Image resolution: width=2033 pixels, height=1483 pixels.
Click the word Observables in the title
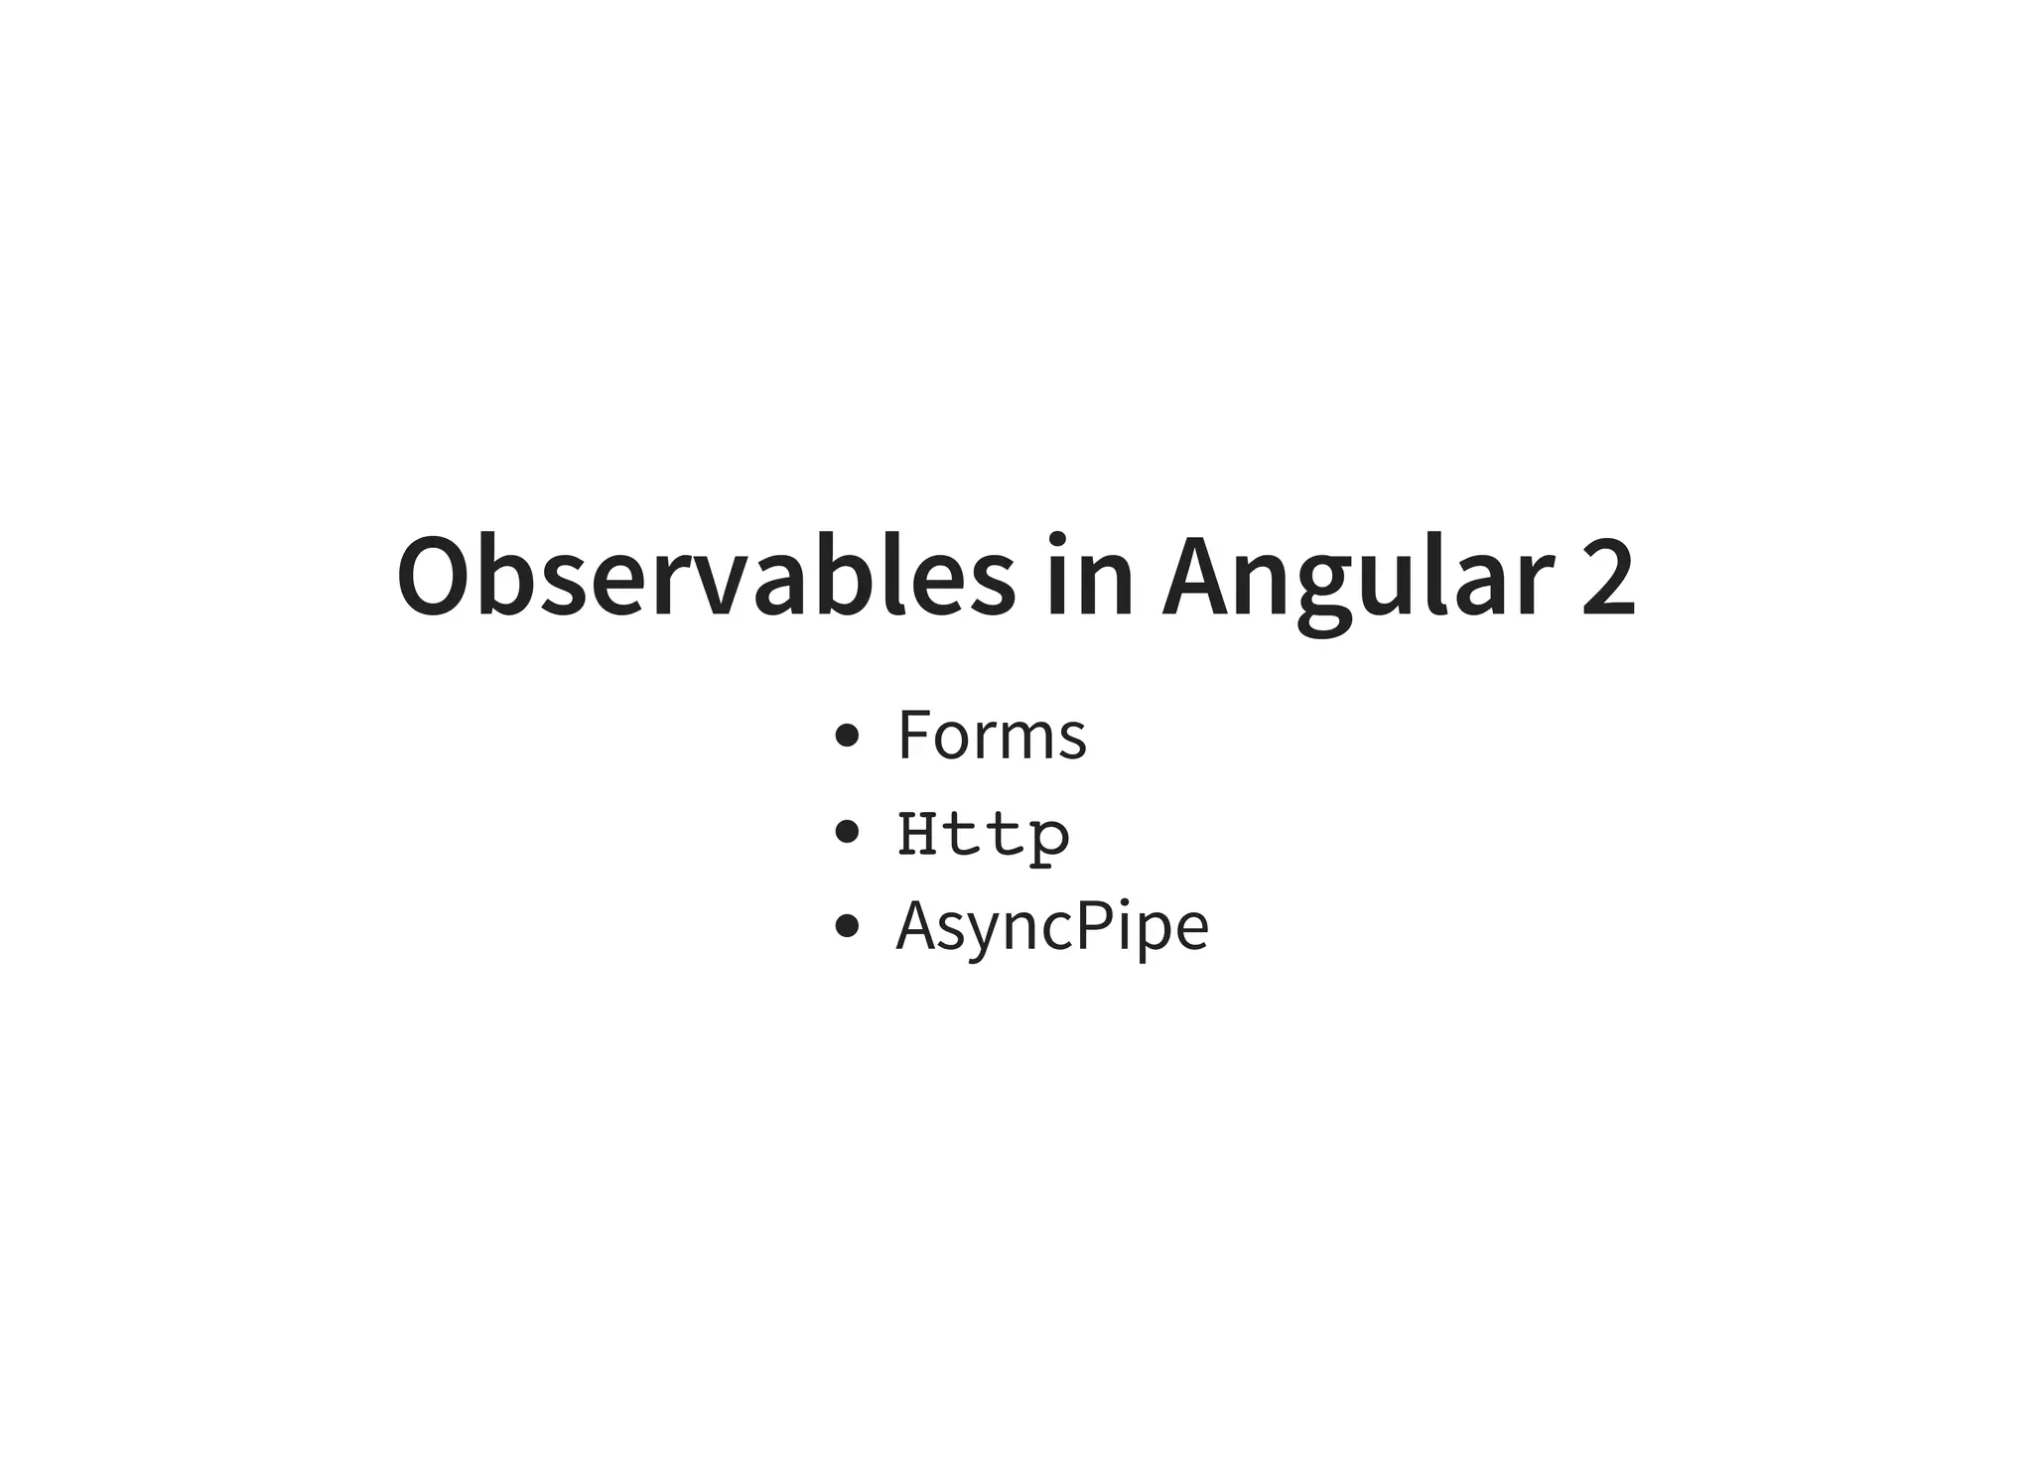tap(706, 578)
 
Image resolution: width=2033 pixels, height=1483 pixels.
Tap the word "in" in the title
tap(1089, 578)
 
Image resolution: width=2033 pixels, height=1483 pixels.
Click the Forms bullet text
tap(992, 736)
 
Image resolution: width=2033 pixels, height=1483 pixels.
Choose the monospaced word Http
tap(984, 834)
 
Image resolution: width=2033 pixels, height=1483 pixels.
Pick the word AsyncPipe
tap(1052, 926)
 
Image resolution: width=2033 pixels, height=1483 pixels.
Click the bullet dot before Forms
tap(847, 736)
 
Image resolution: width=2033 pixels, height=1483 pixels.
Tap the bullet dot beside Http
tap(847, 832)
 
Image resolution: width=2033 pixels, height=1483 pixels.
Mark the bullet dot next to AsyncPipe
tap(847, 926)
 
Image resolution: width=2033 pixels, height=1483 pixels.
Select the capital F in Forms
tap(913, 736)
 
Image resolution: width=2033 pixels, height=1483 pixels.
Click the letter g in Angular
tap(1326, 591)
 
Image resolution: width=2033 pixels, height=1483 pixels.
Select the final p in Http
tap(1049, 840)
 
